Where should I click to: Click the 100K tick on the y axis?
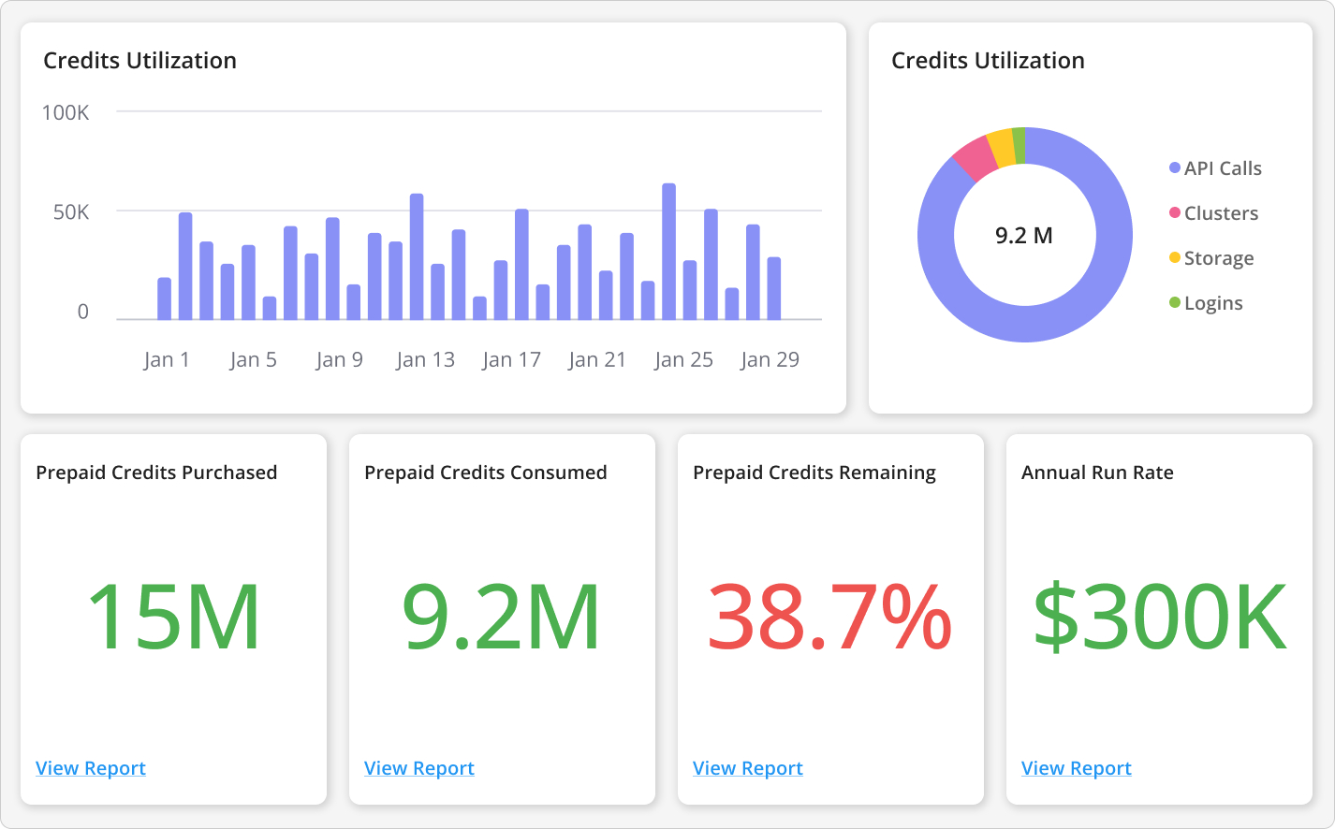(66, 113)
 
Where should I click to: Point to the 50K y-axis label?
(71, 212)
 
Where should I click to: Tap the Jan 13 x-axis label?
(425, 360)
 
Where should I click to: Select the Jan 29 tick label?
(770, 360)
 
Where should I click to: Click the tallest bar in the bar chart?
(668, 252)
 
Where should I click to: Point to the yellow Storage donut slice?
(1002, 148)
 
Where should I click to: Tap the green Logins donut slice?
(1019, 145)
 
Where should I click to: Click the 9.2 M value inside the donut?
(1024, 236)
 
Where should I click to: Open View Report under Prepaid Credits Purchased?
(91, 768)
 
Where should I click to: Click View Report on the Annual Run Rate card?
(1077, 768)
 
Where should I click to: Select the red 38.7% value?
(829, 618)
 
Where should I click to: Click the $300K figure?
(1160, 618)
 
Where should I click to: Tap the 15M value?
(173, 618)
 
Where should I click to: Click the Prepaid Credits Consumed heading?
(486, 473)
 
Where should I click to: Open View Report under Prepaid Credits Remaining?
(748, 768)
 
